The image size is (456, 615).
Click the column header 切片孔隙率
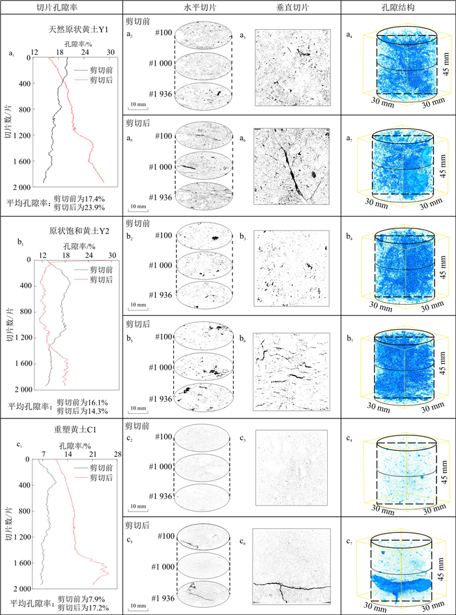(61, 8)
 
